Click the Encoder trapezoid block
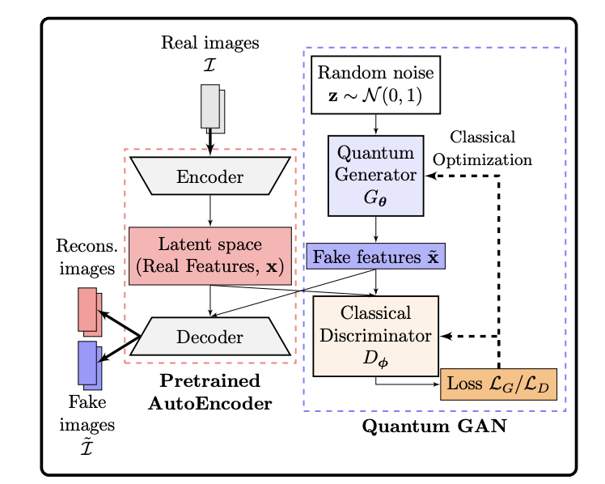[x=210, y=176]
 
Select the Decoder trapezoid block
[x=210, y=336]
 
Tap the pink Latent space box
[x=210, y=256]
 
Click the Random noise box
[x=375, y=85]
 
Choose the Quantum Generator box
[x=375, y=176]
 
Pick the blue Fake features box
[x=375, y=257]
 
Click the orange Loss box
[x=499, y=384]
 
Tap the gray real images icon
[x=212, y=108]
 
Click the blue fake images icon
[x=90, y=363]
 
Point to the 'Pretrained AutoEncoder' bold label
[x=209, y=392]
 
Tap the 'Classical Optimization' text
[x=483, y=148]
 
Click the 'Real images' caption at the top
[x=209, y=43]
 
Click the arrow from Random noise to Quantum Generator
[x=375, y=124]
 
